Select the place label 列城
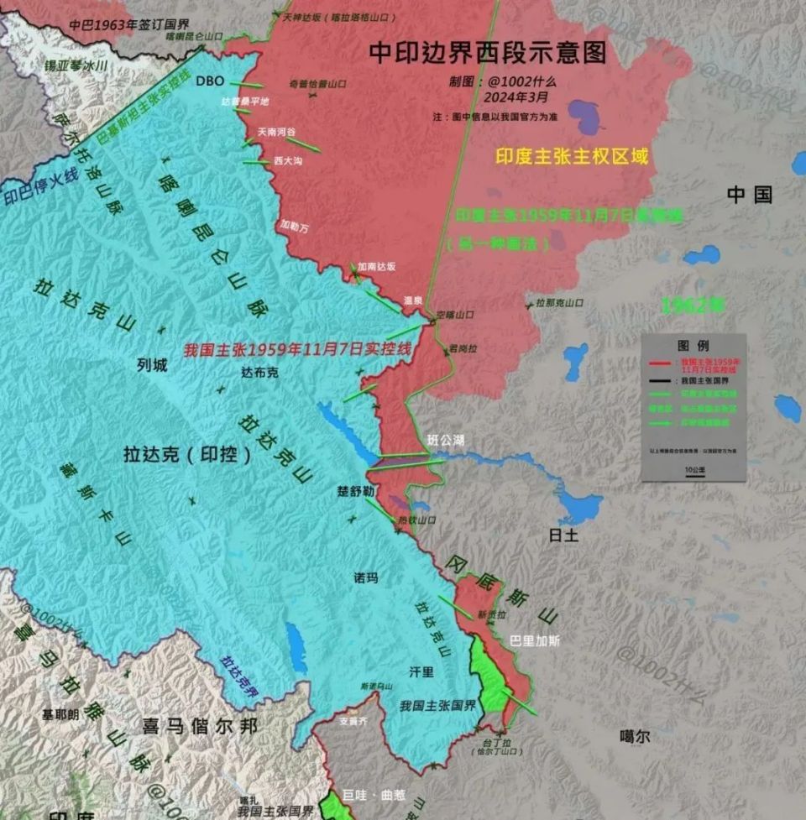(152, 365)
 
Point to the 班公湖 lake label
(445, 440)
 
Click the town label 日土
(563, 535)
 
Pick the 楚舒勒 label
(349, 492)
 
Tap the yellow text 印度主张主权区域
(572, 156)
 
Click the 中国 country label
(749, 196)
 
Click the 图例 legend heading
(693, 345)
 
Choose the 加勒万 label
(294, 226)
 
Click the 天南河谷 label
(276, 132)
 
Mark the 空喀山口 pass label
(455, 315)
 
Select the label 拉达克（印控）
(187, 455)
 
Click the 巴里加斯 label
(535, 640)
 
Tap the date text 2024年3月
(503, 97)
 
